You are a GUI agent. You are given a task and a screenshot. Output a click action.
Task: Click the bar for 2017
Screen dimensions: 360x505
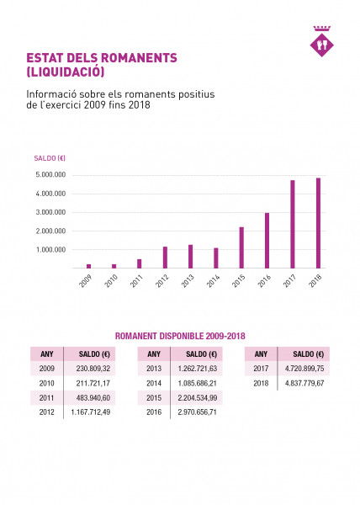[293, 224]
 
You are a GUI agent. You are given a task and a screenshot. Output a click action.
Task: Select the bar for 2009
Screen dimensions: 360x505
[89, 266]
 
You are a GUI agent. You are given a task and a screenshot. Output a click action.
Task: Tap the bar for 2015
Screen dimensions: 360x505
[241, 247]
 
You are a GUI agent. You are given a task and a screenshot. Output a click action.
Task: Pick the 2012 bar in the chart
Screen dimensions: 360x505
[165, 258]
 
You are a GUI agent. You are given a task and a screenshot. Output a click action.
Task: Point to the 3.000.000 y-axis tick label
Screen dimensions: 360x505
[50, 212]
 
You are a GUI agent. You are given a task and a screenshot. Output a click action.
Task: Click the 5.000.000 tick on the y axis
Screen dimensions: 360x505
[50, 175]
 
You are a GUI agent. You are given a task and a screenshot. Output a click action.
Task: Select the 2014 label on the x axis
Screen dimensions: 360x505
[214, 281]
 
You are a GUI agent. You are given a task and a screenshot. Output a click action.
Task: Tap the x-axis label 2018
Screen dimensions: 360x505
[315, 281]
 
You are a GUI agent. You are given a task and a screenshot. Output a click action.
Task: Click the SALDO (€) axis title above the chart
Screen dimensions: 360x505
[50, 158]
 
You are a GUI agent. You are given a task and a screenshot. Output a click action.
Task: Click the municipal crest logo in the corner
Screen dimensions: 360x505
[321, 41]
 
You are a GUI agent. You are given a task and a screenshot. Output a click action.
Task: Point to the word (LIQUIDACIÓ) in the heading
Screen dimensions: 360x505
[66, 72]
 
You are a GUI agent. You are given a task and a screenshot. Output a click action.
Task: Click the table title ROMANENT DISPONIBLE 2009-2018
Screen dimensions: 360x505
[180, 336]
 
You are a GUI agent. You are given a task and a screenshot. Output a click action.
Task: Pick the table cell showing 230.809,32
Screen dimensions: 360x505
[93, 369]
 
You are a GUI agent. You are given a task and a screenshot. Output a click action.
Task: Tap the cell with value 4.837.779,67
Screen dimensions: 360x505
[304, 383]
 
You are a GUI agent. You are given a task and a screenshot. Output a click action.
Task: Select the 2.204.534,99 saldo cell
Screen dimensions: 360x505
[197, 398]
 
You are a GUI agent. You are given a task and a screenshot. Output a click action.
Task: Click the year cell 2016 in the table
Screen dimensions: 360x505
[154, 412]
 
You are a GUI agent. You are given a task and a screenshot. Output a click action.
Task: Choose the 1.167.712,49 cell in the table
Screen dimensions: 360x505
[90, 412]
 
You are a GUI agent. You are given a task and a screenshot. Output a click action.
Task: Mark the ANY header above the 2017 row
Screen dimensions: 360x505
[261, 354]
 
